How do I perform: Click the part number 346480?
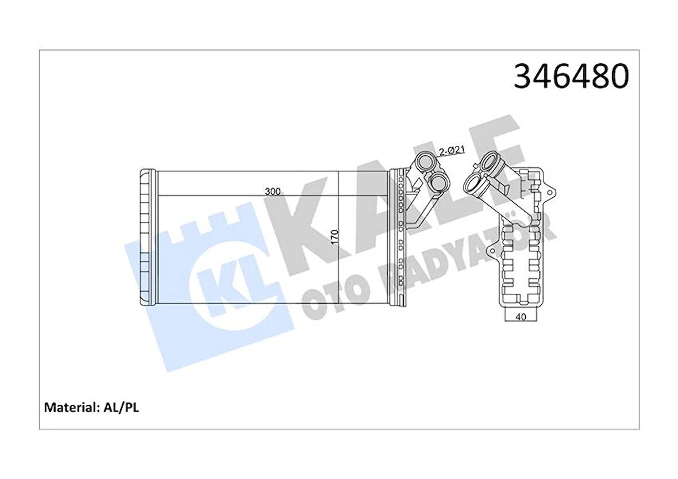tap(571, 76)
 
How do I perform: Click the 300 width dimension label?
tap(273, 191)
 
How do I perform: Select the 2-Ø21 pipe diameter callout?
tap(452, 151)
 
